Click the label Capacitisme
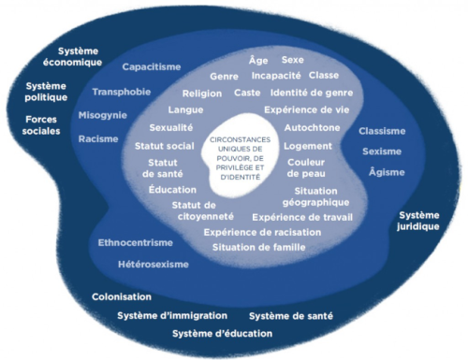[152, 67]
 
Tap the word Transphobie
[122, 92]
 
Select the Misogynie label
[103, 116]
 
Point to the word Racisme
[98, 139]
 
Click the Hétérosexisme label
[154, 265]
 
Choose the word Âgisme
[387, 172]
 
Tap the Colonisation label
[122, 296]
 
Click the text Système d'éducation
[223, 334]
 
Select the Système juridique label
[418, 221]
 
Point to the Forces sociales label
[41, 125]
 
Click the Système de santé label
[291, 316]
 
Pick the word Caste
[247, 93]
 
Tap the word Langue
[185, 110]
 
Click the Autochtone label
[312, 128]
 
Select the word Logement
[308, 146]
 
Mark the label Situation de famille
[259, 248]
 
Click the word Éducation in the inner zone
[172, 189]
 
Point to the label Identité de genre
[312, 93]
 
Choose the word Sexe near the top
[293, 60]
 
